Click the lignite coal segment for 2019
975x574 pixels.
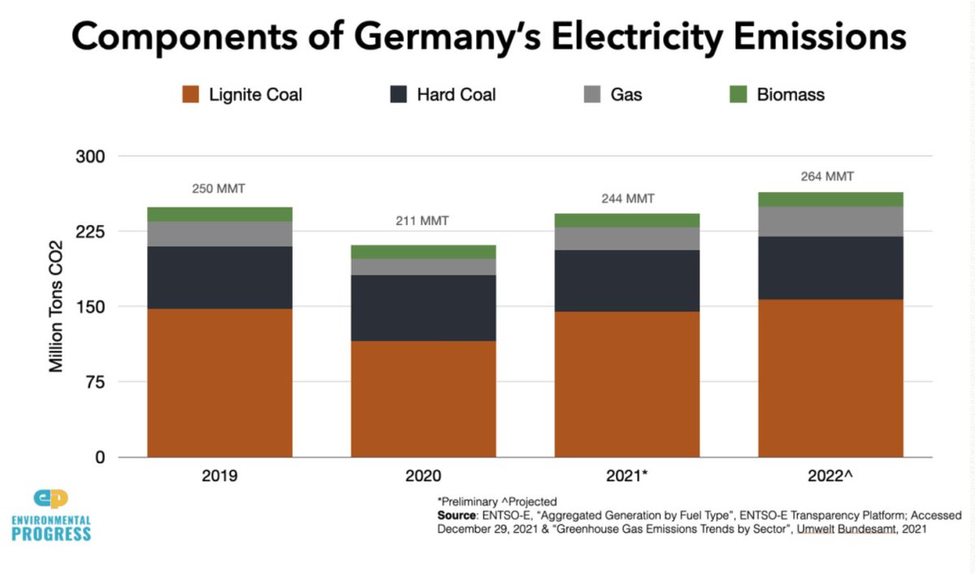(219, 382)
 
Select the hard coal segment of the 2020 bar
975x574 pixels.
(423, 307)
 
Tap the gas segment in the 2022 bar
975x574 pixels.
(830, 221)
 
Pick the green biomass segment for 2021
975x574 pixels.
(626, 220)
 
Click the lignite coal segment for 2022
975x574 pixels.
(830, 378)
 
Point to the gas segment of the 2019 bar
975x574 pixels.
(219, 234)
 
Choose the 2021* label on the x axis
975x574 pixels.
(627, 476)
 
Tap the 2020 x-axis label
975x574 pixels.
(423, 476)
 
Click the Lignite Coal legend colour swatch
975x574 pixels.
(191, 94)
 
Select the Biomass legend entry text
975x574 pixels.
(790, 94)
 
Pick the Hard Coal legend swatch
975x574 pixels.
(398, 94)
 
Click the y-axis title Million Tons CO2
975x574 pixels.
(57, 307)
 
